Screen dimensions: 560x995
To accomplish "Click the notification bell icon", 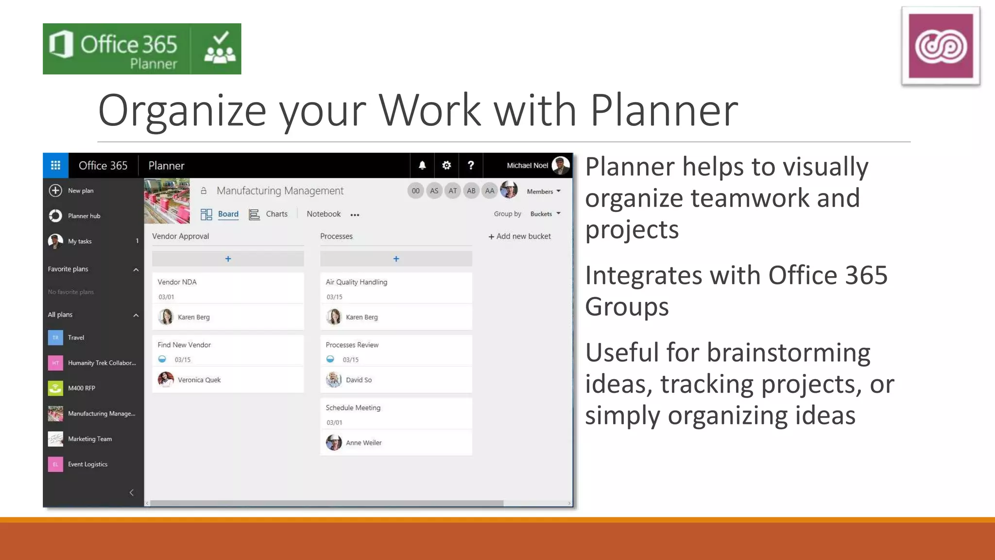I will tap(422, 165).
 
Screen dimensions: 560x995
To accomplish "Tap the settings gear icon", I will tap(446, 165).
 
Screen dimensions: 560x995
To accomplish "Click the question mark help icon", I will tap(471, 165).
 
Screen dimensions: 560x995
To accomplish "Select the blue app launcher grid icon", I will tap(55, 165).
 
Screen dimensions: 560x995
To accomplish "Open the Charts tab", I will tap(276, 214).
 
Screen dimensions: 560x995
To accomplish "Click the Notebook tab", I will tap(324, 214).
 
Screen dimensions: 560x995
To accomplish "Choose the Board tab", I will tap(228, 214).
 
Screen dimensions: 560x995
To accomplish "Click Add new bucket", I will tap(519, 236).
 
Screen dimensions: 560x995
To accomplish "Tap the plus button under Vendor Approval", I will tap(228, 259).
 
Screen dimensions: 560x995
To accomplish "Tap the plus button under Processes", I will tap(396, 259).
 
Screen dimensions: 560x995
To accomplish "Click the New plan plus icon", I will tap(55, 191).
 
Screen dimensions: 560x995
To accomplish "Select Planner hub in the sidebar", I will tap(84, 216).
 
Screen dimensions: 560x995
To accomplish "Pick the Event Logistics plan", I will tap(87, 464).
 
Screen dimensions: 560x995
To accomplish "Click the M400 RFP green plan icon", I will tap(55, 388).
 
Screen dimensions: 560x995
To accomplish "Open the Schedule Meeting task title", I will tap(353, 408).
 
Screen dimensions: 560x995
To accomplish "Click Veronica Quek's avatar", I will tap(166, 380).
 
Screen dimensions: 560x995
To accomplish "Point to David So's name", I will tap(359, 380).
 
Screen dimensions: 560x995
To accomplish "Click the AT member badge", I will tap(453, 191).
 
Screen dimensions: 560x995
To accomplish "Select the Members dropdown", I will tap(544, 191).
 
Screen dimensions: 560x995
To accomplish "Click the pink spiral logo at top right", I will tap(941, 46).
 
